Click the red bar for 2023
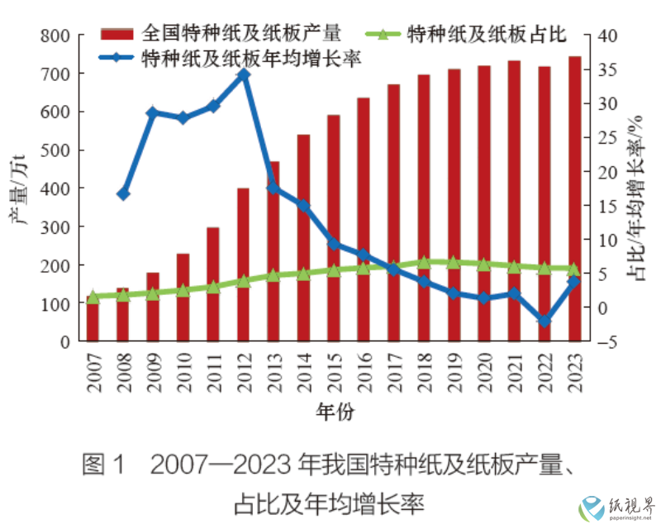[x=573, y=198]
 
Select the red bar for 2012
[x=243, y=264]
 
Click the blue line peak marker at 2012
[x=243, y=74]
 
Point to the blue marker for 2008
[x=123, y=193]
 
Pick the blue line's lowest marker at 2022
[x=543, y=321]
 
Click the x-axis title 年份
[x=334, y=411]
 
